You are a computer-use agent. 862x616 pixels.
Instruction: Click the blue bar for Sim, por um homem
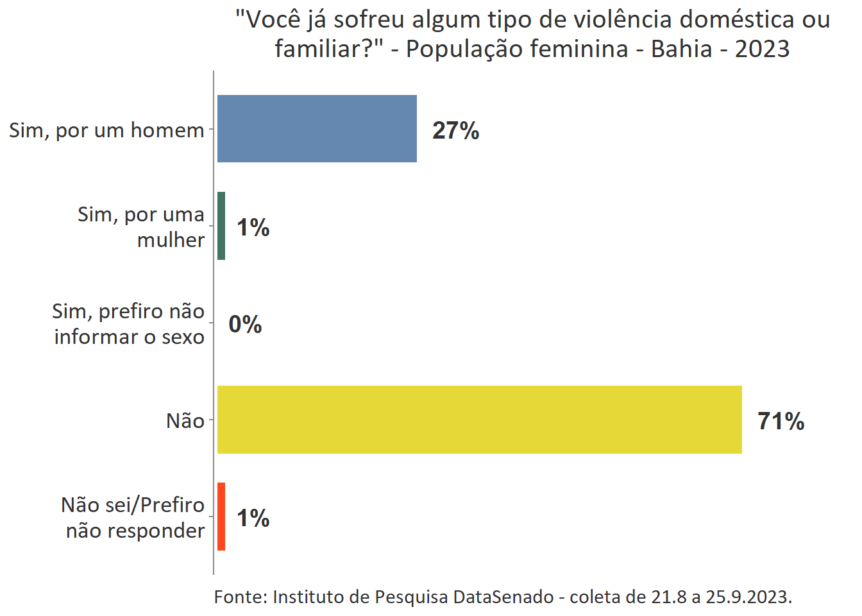tap(317, 129)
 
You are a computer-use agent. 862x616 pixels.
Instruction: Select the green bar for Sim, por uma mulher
tap(221, 226)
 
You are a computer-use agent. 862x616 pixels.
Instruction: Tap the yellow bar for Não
tap(479, 420)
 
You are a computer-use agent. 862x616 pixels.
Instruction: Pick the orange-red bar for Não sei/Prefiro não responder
tap(221, 517)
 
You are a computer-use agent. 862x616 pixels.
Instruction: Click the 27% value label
tap(455, 130)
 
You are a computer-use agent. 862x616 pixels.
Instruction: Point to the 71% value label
tap(781, 421)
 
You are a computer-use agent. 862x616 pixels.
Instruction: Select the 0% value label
tap(245, 324)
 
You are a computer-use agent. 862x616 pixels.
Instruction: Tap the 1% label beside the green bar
tap(253, 227)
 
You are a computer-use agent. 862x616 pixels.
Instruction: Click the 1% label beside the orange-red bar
tap(253, 518)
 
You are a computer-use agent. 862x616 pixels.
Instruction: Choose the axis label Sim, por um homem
tap(106, 130)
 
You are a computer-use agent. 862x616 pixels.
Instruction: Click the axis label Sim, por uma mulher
tap(141, 227)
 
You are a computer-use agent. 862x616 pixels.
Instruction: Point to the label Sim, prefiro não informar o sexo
tap(129, 324)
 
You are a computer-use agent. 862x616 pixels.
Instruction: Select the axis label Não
tap(185, 421)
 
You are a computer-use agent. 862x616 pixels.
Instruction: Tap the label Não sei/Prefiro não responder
tap(133, 518)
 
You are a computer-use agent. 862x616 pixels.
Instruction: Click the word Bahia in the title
tap(681, 49)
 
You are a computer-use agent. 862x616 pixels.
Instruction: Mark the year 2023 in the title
tap(762, 49)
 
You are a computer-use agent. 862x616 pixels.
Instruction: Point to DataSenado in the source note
tap(503, 597)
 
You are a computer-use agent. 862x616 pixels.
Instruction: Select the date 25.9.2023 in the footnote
tap(748, 597)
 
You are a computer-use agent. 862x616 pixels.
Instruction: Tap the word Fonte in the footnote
tap(241, 597)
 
